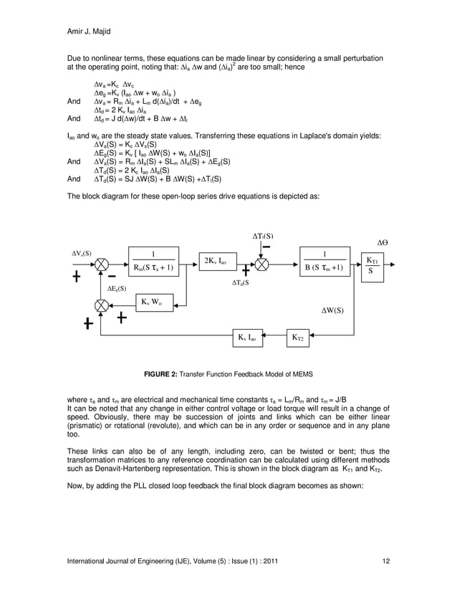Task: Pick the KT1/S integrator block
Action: (x=370, y=264)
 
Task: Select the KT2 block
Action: (x=297, y=335)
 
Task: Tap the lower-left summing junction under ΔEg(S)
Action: (x=103, y=306)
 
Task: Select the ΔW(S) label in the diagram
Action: (x=332, y=310)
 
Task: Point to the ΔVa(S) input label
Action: (x=85, y=253)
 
